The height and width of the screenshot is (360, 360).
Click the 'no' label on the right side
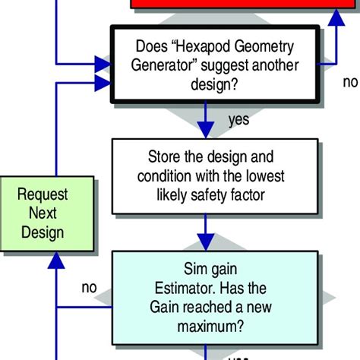point(350,81)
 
